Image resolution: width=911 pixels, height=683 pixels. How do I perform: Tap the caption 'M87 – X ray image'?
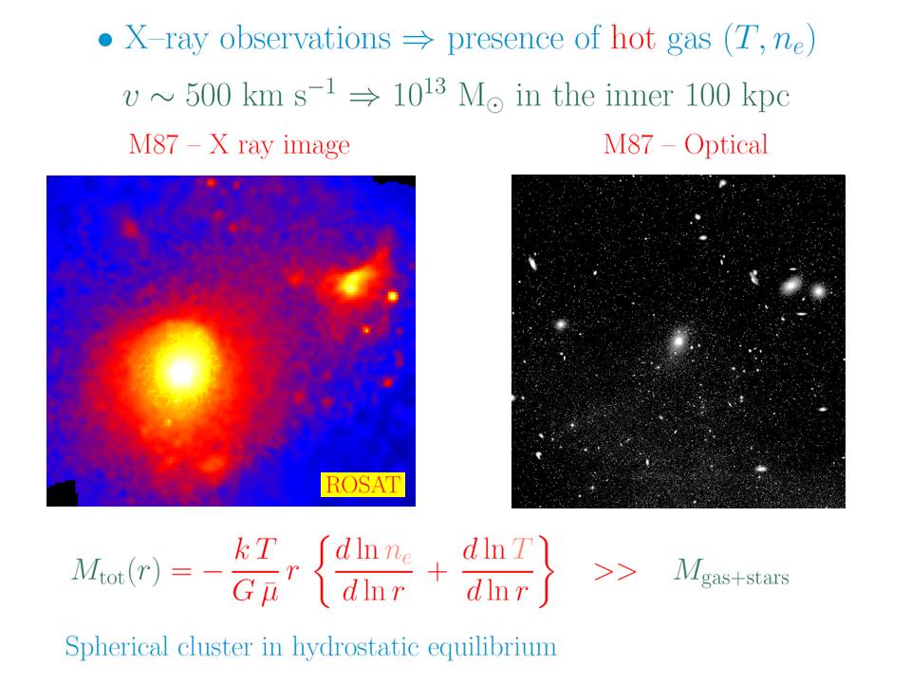click(x=239, y=144)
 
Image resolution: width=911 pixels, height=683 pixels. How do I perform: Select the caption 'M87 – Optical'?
click(x=685, y=144)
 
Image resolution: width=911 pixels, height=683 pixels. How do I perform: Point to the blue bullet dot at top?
click(x=105, y=41)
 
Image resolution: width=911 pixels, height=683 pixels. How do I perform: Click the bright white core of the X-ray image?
click(x=180, y=371)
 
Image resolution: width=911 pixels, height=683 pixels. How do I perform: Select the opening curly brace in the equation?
click(x=324, y=571)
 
